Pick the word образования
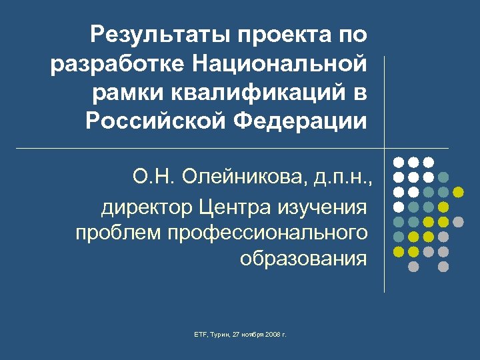303,258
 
